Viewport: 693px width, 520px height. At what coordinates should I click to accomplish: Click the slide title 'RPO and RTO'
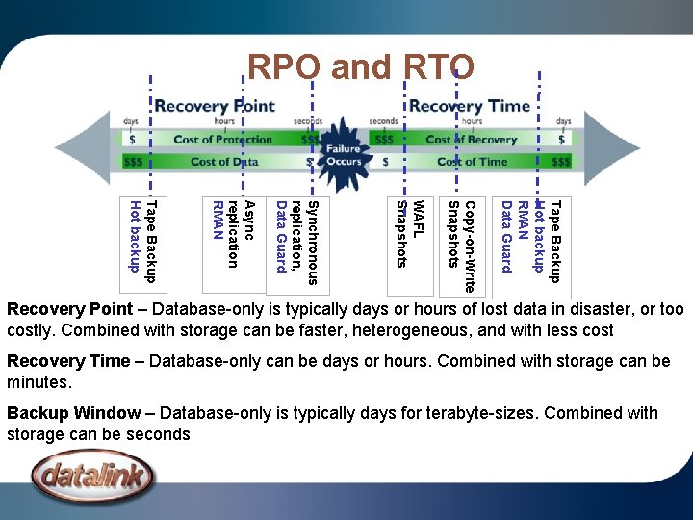(361, 67)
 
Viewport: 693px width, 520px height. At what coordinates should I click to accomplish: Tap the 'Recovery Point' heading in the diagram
(215, 106)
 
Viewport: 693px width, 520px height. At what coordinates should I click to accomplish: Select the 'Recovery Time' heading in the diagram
(470, 106)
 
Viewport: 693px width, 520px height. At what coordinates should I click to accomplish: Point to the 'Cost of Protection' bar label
(223, 139)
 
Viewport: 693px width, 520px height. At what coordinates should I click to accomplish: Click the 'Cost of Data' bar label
(224, 162)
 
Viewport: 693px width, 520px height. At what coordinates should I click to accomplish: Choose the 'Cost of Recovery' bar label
(466, 139)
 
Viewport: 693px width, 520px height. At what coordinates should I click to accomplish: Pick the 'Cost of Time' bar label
(472, 162)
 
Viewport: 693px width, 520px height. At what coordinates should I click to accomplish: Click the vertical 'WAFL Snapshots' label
(410, 232)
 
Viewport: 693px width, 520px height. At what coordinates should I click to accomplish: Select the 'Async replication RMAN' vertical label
(230, 234)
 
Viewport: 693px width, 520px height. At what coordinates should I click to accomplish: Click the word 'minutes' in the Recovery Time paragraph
(38, 382)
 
